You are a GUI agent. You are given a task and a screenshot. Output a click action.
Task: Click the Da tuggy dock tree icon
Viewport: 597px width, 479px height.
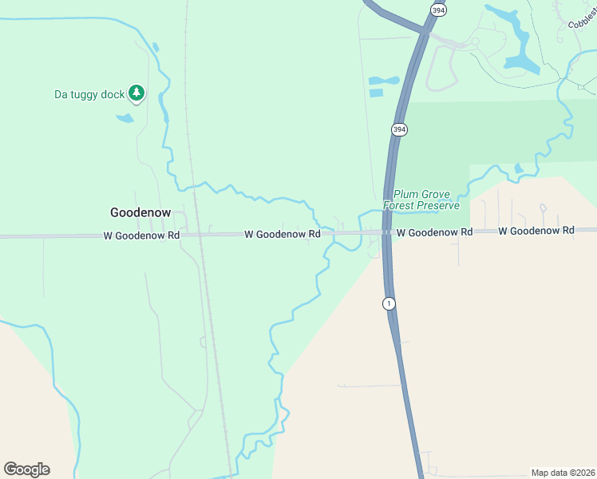tap(136, 94)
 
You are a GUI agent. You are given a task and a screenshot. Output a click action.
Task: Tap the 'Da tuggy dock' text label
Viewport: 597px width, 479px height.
tap(89, 94)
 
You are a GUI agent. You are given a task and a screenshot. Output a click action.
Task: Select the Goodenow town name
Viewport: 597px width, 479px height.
tap(140, 212)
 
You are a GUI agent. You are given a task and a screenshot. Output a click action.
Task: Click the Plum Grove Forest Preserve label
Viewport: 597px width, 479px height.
tap(421, 200)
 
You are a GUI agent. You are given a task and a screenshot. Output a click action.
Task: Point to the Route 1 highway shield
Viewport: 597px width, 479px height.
tap(388, 303)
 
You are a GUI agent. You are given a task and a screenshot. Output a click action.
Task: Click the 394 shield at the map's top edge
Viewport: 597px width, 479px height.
tap(437, 9)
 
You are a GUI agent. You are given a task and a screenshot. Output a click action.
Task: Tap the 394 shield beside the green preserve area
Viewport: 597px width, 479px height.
tap(399, 129)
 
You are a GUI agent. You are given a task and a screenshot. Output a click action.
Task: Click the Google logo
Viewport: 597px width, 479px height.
tap(26, 469)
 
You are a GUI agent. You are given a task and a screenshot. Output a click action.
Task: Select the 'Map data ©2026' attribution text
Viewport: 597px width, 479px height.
tap(563, 473)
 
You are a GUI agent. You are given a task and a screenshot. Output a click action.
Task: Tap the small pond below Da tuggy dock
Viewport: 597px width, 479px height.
tap(125, 119)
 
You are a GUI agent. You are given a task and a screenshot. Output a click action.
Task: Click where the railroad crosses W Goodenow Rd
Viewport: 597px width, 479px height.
tap(200, 235)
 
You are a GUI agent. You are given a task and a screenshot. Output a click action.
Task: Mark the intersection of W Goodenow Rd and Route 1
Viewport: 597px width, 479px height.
tap(386, 232)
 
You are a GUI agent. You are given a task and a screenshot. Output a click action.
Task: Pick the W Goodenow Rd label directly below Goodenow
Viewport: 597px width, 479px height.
tap(141, 236)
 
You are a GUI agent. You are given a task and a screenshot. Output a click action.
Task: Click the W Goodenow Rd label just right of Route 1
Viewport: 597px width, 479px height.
tap(434, 232)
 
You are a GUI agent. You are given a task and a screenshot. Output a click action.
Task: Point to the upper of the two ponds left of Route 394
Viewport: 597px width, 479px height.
tap(383, 81)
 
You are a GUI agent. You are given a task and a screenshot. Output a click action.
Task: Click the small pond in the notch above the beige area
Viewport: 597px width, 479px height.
tap(519, 168)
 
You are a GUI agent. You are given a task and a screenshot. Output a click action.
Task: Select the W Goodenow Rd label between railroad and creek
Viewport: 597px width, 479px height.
tap(282, 234)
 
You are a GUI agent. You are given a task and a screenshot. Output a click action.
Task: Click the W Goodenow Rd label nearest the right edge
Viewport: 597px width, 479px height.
tap(536, 230)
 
